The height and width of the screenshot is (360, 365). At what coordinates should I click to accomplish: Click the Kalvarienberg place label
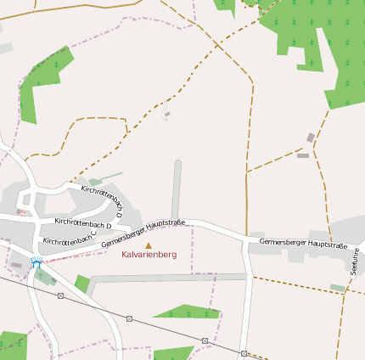tap(149, 255)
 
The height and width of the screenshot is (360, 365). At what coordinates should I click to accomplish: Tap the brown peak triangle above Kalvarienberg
tap(149, 245)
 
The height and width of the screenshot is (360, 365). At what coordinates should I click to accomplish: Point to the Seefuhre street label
tap(354, 259)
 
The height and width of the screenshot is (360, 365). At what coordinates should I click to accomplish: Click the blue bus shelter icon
tap(36, 262)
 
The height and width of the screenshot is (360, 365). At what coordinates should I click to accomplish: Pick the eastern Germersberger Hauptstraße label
tap(304, 244)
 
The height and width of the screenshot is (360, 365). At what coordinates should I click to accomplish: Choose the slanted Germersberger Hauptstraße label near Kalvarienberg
tap(143, 233)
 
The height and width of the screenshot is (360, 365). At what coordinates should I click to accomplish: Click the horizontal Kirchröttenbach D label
tap(83, 222)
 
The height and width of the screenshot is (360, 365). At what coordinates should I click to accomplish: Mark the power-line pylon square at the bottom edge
tap(244, 353)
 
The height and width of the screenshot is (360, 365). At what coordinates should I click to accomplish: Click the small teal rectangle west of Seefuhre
tap(338, 289)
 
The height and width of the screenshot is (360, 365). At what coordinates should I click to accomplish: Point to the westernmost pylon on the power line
tap(60, 295)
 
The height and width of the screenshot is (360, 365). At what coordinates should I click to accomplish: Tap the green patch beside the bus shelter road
tap(81, 283)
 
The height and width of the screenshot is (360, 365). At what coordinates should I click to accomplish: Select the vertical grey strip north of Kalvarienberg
tap(177, 188)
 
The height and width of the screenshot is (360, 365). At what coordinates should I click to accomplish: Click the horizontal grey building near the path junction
tap(303, 155)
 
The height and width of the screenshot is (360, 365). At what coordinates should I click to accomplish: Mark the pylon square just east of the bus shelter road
tap(129, 318)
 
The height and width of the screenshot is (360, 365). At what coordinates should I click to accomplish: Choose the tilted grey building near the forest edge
tap(311, 138)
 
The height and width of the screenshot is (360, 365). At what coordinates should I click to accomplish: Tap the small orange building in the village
tap(18, 211)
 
